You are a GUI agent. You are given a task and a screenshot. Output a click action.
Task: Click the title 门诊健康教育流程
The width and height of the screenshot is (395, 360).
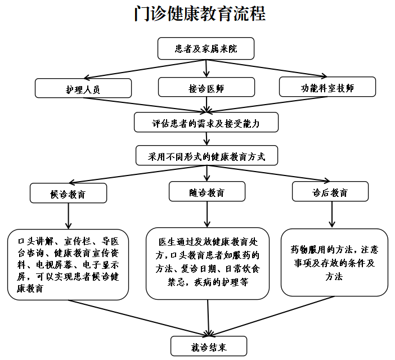click(200, 14)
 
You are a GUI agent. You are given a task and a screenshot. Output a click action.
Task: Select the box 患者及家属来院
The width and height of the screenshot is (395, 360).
click(206, 49)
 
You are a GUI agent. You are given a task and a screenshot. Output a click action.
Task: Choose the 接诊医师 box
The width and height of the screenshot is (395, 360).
click(207, 88)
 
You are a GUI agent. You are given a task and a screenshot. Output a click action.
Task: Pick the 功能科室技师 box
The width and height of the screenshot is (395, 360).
click(327, 87)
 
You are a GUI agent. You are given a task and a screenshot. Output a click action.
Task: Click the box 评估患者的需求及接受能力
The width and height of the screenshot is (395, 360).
click(207, 121)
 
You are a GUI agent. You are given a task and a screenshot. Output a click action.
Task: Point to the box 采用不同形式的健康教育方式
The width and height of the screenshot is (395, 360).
click(207, 156)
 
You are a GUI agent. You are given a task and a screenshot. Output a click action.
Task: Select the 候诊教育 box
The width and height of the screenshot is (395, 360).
click(68, 193)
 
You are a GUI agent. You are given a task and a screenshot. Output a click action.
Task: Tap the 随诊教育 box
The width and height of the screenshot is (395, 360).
click(207, 192)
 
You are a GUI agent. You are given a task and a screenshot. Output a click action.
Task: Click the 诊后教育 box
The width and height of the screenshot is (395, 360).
click(330, 192)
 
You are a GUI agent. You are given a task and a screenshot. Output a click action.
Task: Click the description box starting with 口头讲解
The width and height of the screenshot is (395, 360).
click(68, 264)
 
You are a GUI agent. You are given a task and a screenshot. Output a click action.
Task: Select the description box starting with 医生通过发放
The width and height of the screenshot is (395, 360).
click(208, 262)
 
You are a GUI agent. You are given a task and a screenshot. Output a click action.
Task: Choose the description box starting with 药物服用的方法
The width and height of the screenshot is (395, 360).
click(334, 262)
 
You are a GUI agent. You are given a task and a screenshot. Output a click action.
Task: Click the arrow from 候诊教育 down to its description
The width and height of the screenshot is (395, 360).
click(68, 215)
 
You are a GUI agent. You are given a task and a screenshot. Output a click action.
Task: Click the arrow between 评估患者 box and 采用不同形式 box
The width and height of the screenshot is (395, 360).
click(207, 139)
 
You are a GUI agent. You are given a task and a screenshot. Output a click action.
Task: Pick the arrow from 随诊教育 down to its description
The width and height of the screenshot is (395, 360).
click(207, 214)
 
